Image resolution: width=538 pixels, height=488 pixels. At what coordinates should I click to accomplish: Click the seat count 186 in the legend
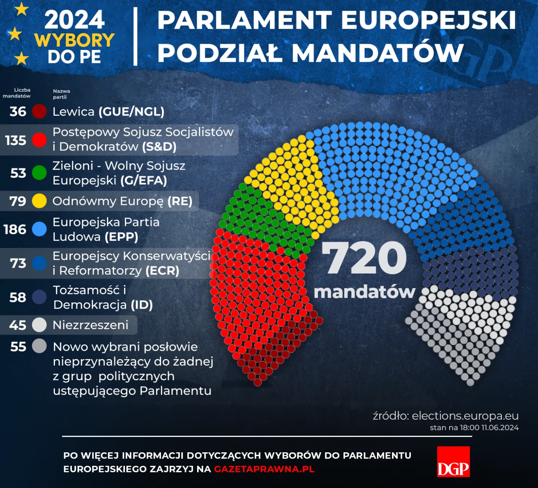[x=15, y=229]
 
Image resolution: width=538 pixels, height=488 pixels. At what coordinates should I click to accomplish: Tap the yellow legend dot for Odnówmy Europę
[x=39, y=201]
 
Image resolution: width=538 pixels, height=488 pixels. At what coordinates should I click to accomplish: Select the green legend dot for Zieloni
[x=39, y=173]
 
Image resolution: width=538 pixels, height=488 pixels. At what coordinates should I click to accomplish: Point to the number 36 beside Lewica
[x=18, y=112]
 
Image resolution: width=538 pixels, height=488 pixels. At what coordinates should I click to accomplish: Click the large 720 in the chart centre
[x=364, y=258]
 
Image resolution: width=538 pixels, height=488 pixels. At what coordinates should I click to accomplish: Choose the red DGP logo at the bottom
[x=453, y=462]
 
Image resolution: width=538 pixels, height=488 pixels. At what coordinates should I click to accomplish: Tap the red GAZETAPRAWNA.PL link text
[x=264, y=469]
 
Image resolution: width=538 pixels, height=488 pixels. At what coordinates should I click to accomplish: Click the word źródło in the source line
[x=390, y=416]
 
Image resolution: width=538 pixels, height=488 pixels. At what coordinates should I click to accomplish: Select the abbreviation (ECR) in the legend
[x=162, y=271]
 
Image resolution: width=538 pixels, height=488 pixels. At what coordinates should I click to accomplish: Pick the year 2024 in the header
[x=75, y=20]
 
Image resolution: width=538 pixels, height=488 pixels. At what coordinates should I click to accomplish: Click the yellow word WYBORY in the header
[x=75, y=40]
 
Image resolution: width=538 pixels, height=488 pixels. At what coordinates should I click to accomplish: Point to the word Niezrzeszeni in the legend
[x=90, y=325]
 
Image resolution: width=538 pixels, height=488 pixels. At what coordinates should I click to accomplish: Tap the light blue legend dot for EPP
[x=39, y=229]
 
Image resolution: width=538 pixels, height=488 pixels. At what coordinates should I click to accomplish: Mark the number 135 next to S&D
[x=16, y=140]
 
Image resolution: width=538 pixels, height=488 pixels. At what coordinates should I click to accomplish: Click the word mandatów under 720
[x=365, y=292]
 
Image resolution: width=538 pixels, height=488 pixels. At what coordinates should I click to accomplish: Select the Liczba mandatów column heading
[x=17, y=93]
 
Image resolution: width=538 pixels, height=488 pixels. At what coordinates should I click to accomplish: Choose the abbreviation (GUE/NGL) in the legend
[x=131, y=112]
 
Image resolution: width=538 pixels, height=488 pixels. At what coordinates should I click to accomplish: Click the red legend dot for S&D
[x=39, y=140]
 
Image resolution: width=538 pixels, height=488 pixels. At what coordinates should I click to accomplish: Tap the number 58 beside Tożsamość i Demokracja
[x=18, y=297]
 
